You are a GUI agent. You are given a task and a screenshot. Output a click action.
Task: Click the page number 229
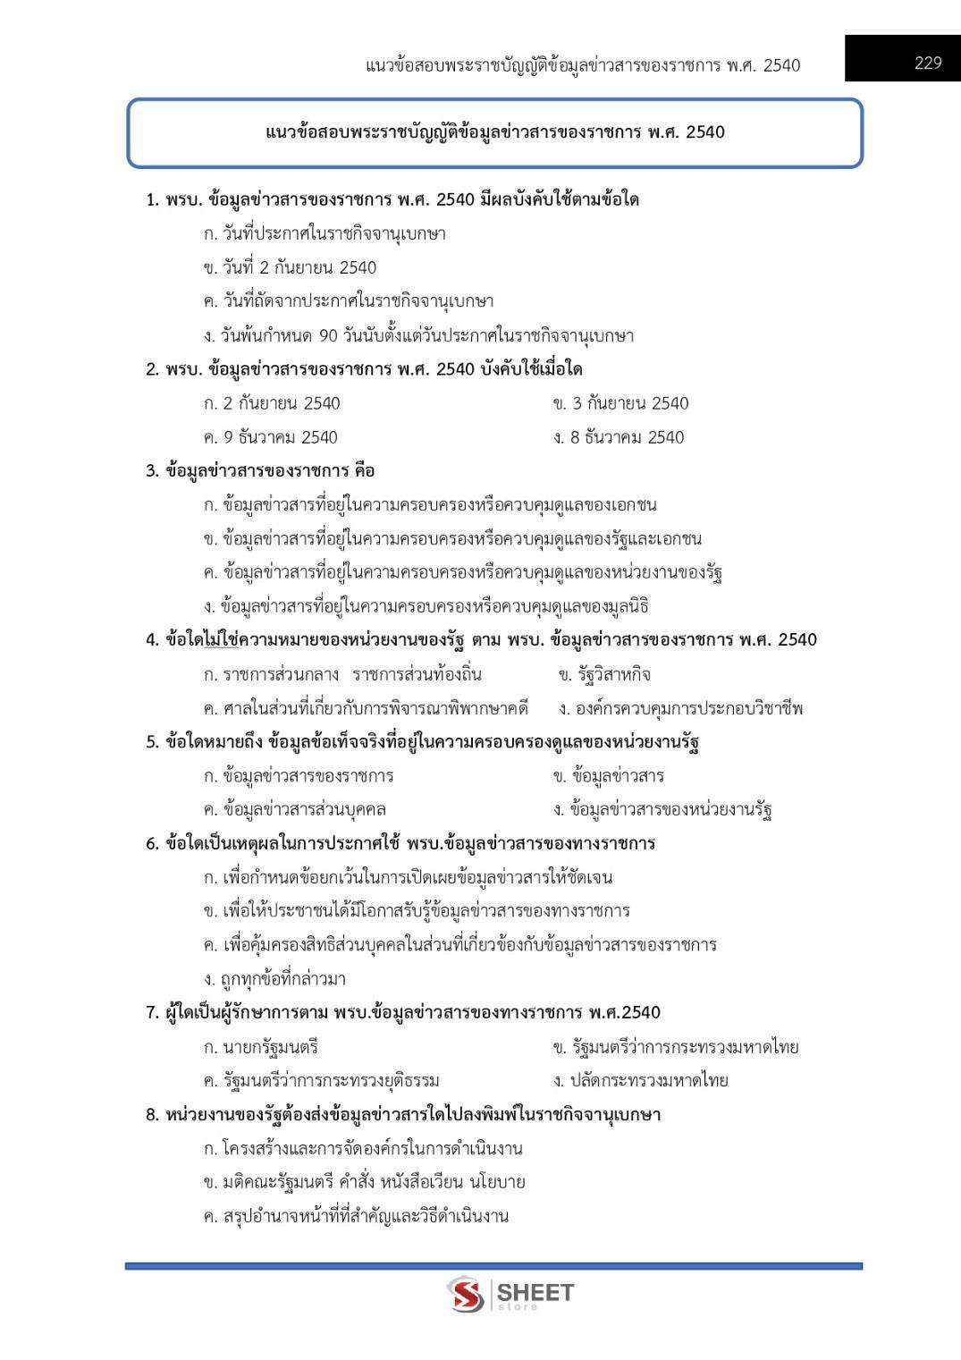(928, 63)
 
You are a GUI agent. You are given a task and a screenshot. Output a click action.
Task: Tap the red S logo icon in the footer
(466, 1294)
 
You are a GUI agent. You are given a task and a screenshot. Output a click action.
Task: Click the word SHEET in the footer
(535, 1292)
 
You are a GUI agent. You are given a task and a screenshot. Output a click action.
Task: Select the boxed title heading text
(494, 132)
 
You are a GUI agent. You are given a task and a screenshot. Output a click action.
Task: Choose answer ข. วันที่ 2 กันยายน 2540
(290, 267)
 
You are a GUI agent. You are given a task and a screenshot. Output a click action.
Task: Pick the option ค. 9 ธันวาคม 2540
(270, 437)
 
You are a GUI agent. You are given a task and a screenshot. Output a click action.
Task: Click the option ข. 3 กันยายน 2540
(620, 403)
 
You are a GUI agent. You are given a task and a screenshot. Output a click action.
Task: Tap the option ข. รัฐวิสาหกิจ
(604, 674)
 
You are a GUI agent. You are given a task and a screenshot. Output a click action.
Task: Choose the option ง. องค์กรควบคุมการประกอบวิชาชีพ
(680, 708)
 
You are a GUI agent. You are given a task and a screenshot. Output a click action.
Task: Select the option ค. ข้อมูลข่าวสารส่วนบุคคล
(294, 809)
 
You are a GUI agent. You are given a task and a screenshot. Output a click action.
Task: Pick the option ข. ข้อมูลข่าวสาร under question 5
(608, 775)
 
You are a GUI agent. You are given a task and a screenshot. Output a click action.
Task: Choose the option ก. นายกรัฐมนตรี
(260, 1047)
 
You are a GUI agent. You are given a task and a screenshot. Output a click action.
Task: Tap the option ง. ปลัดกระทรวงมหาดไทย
(640, 1080)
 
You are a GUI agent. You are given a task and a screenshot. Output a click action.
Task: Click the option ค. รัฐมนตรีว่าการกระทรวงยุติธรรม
(321, 1080)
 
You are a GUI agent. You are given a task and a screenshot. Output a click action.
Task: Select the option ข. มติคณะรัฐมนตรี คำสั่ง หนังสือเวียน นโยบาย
(364, 1182)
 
